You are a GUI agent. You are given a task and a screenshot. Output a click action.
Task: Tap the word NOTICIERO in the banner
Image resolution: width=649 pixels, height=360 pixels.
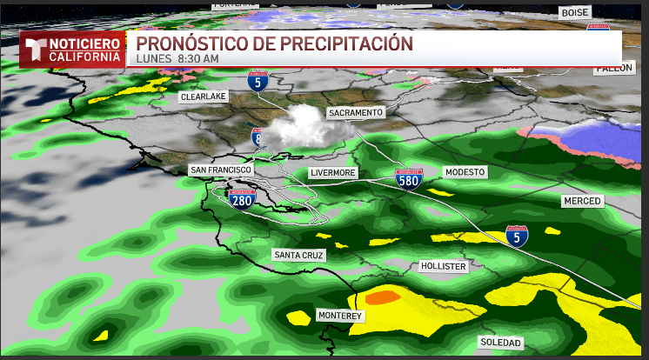(84, 43)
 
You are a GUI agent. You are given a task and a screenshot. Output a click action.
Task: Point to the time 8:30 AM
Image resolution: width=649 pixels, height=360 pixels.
(197, 58)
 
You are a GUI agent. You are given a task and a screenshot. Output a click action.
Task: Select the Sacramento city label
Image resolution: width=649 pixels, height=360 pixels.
(355, 113)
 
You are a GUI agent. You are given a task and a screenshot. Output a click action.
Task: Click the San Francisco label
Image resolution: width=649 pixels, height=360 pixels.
(220, 170)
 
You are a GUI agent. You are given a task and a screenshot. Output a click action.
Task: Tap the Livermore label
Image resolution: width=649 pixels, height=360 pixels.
(332, 173)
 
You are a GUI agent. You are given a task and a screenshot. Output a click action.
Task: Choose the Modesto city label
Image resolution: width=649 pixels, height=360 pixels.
(465, 172)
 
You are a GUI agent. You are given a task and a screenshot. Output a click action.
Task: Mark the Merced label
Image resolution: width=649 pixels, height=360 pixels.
(581, 201)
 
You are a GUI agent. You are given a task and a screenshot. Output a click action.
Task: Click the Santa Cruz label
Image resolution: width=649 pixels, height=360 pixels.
(298, 255)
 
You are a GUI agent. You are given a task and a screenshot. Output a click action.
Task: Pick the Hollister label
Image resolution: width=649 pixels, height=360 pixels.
(443, 266)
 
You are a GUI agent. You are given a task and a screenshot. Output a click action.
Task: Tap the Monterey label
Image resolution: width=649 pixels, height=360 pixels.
(339, 316)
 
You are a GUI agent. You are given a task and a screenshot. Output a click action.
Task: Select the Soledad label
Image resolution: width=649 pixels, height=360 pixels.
(499, 343)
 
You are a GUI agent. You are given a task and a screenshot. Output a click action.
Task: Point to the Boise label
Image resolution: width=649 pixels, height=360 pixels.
(575, 12)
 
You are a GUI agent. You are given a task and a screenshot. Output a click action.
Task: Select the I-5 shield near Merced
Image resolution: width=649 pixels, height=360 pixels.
(517, 235)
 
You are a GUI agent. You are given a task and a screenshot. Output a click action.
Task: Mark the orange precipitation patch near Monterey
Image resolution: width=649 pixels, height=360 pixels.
(382, 297)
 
